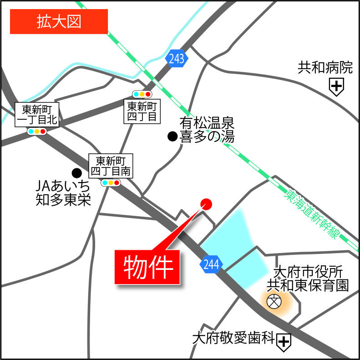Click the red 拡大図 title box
coord(59,21)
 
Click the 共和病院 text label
coord(325,68)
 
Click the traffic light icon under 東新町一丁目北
coord(37,132)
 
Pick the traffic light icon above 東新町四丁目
coord(142,94)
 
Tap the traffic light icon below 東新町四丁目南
coord(111,183)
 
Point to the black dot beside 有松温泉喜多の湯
coord(172,136)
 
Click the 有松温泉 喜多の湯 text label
coord(207,130)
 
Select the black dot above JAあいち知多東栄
coord(77,172)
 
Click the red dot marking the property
coord(206,204)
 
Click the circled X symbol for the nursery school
coord(274,301)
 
